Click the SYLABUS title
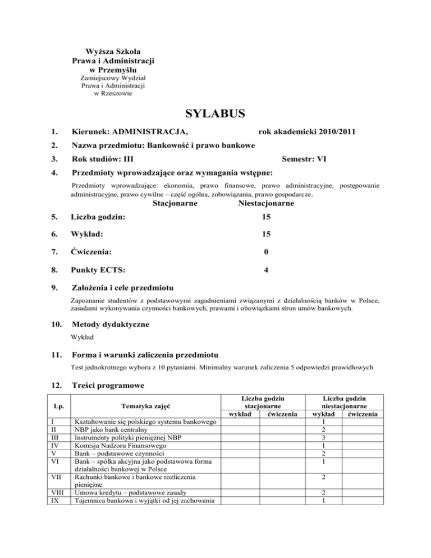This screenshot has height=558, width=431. pos(215,115)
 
